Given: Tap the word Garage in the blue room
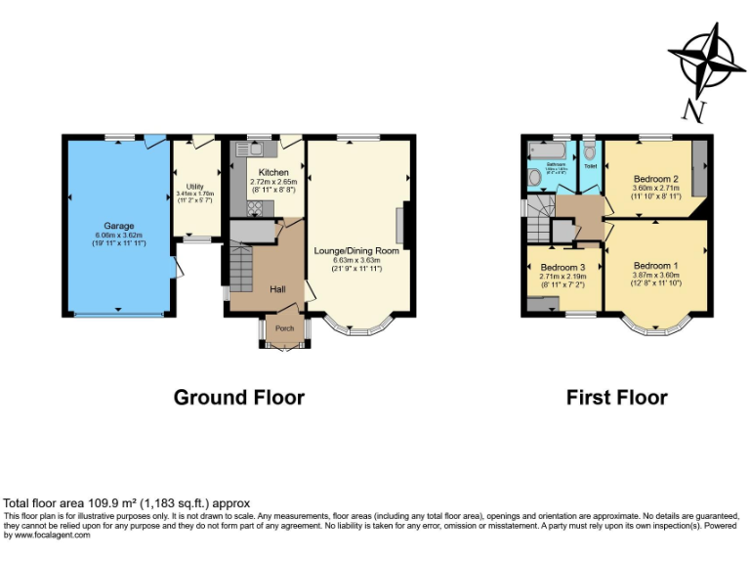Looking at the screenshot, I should [x=118, y=226].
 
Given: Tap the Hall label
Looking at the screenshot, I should [x=277, y=288].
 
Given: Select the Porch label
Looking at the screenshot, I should [x=285, y=328].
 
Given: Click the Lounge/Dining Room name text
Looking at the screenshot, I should [x=356, y=250].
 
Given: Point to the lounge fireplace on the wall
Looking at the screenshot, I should [x=399, y=226].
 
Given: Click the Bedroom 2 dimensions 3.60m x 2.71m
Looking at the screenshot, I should [x=655, y=190].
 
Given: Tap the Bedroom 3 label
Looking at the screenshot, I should [x=562, y=267].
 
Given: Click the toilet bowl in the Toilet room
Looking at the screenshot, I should [x=589, y=152].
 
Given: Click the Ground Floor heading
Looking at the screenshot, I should [x=238, y=398].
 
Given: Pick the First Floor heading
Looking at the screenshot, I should [x=616, y=398].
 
